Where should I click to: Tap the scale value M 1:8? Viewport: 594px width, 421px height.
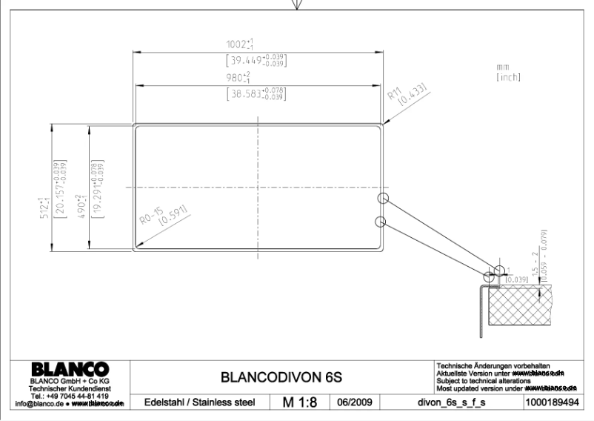[x=303, y=402]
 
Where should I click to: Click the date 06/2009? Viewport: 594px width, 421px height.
[x=354, y=403]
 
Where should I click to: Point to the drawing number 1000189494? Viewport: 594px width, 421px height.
[x=549, y=403]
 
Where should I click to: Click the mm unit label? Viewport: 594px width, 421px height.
[x=503, y=67]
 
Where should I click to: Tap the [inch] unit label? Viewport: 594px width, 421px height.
[x=508, y=77]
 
